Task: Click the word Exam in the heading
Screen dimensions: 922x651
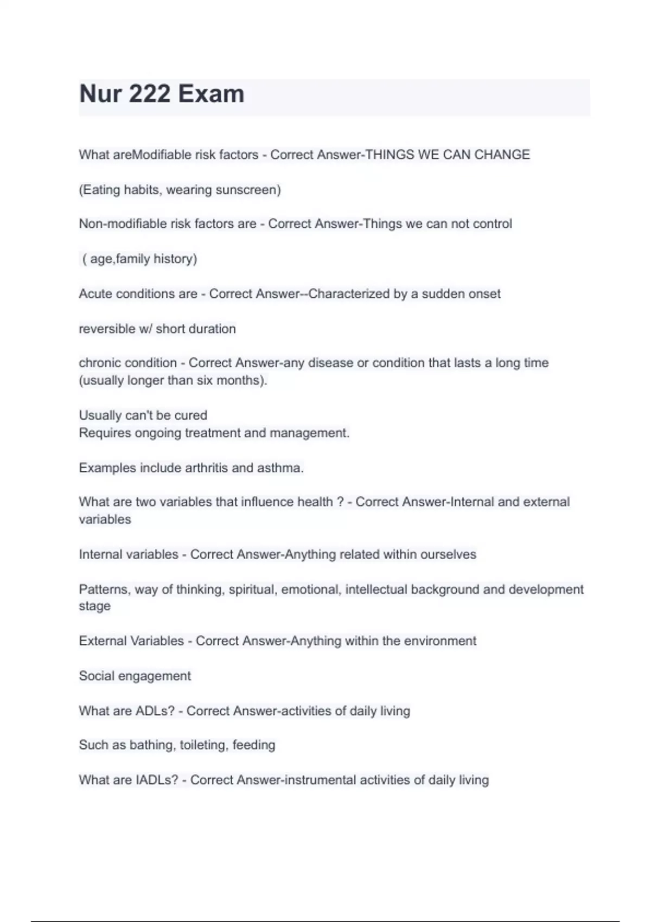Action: pyautogui.click(x=211, y=94)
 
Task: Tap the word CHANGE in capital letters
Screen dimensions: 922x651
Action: pyautogui.click(x=502, y=155)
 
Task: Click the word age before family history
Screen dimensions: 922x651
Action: pyautogui.click(x=102, y=259)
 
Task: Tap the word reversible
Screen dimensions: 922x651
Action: pyautogui.click(x=107, y=329)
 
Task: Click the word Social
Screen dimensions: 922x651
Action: pyautogui.click(x=97, y=676)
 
